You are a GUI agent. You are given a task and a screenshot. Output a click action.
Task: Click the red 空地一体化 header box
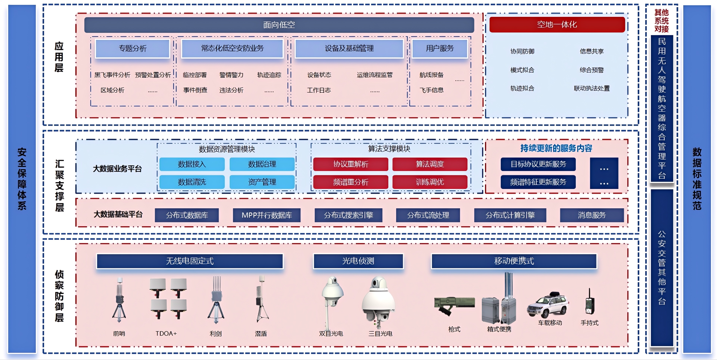coord(557,24)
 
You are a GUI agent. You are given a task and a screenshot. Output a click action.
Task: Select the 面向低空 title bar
coord(279,25)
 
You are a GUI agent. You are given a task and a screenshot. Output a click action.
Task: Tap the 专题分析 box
coord(133,48)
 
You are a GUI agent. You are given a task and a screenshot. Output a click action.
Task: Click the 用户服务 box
coord(440,48)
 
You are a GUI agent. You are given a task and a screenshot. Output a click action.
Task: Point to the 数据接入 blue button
coord(192,164)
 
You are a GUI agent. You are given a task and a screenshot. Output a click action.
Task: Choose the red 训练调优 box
coord(430,182)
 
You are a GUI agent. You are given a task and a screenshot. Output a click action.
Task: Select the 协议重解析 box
coord(351,164)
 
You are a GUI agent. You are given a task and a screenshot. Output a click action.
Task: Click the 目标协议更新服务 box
coord(538,164)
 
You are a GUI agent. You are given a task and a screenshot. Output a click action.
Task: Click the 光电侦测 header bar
coord(358,261)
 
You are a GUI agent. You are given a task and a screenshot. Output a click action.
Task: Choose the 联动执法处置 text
coord(592,88)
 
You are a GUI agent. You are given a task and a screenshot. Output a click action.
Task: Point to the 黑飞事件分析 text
coord(112,75)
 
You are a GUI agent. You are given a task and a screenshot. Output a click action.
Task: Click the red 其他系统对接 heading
coord(661,21)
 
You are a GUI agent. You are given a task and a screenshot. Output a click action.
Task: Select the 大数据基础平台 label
coord(118,214)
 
